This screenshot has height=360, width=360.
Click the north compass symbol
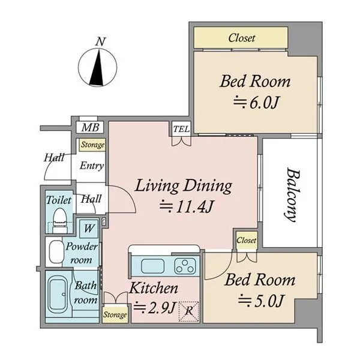(x=98, y=68)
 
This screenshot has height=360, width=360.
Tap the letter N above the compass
(x=101, y=42)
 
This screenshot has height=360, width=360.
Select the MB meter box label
(x=90, y=127)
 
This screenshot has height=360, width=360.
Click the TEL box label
(x=181, y=129)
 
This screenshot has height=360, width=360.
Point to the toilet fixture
(x=59, y=221)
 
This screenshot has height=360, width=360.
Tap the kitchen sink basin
(x=152, y=266)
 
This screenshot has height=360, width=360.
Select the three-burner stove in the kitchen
(x=185, y=266)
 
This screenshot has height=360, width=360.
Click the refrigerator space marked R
(x=189, y=311)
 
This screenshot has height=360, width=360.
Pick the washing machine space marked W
(x=89, y=229)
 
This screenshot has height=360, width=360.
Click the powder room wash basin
(x=56, y=252)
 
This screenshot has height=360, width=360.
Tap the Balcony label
(x=293, y=195)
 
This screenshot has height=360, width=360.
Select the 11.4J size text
(x=187, y=206)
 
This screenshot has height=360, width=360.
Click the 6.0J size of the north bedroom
(x=256, y=103)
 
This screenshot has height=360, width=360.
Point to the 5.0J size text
(x=261, y=301)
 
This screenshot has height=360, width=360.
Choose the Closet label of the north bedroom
(x=242, y=38)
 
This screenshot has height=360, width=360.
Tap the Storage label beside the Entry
(x=92, y=145)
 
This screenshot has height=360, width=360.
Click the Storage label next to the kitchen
(x=115, y=314)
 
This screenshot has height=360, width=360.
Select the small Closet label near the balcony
(x=246, y=240)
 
